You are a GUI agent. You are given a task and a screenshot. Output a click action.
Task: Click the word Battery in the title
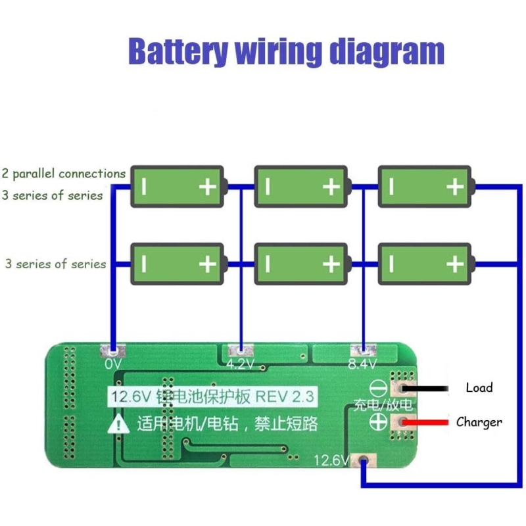point(178,51)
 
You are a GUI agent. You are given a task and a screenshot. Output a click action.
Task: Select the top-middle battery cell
point(300,187)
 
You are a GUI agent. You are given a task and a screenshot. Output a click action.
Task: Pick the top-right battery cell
point(425,187)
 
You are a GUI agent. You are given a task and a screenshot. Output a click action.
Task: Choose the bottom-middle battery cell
point(300,264)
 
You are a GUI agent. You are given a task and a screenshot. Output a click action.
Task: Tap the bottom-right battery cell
point(425,264)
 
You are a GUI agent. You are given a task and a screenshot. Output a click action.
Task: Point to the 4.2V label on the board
point(240,364)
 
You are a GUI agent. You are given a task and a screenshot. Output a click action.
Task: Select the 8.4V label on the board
point(362,364)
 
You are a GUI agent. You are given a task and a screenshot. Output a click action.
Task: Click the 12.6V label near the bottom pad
point(332,460)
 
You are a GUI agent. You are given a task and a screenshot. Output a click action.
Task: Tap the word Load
point(479,387)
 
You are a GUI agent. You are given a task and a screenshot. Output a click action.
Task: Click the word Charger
point(479,422)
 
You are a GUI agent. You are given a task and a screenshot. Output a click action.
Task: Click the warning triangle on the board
point(119,424)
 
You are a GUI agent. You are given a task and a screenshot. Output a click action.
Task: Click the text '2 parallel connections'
point(64,174)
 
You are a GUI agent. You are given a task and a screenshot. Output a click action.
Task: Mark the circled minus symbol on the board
point(378,388)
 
